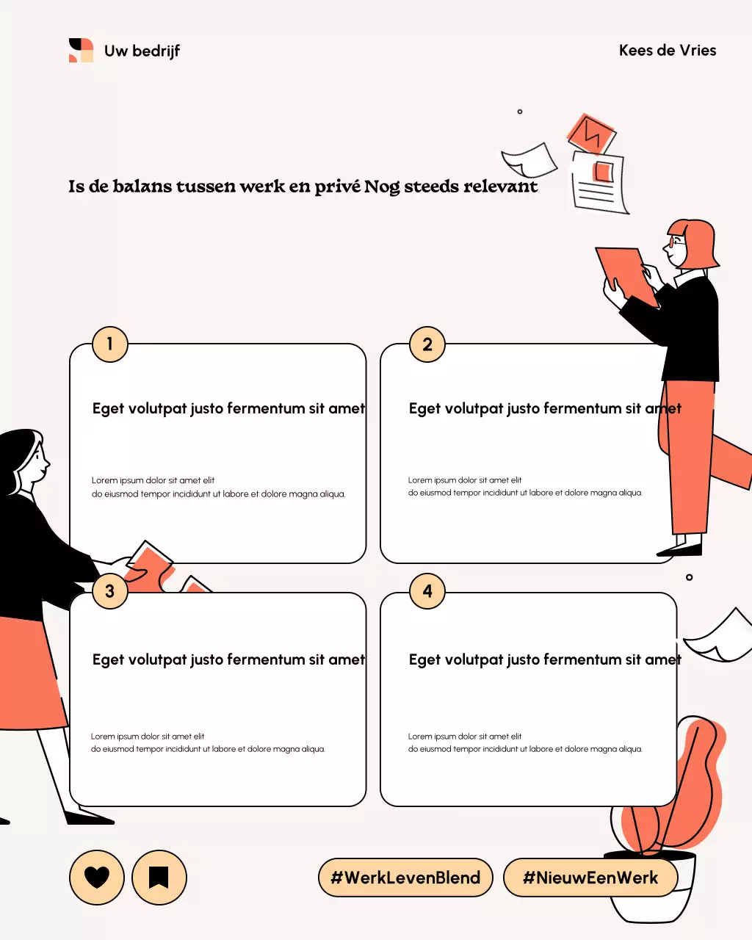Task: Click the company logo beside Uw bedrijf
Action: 81,51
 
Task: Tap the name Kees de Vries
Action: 667,51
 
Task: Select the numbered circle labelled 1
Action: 110,344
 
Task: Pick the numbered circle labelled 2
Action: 427,344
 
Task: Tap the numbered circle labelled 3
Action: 110,591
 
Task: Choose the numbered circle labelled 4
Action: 427,591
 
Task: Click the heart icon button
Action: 96,877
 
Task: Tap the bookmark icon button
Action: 159,877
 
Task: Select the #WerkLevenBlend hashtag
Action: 405,878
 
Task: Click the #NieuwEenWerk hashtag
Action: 590,878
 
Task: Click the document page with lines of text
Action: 599,184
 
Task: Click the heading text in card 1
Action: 228,408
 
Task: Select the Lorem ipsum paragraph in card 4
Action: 525,742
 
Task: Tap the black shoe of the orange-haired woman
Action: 680,549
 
